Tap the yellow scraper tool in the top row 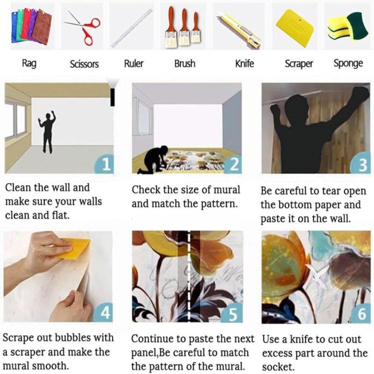pos(295,28)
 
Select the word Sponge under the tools pos(348,64)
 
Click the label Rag pos(29,64)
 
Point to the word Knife pos(245,64)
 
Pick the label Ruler pos(134,64)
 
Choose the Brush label pos(185,64)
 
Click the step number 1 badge pos(104,164)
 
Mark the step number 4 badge pos(103,312)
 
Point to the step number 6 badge pos(361,313)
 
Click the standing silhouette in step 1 pos(48,132)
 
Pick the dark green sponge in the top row pos(358,26)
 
